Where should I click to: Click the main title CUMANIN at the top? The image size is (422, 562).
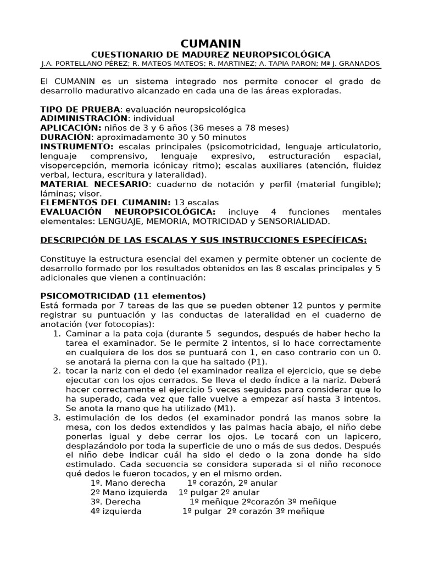pyautogui.click(x=211, y=43)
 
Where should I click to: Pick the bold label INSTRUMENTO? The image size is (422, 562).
pyautogui.click(x=76, y=146)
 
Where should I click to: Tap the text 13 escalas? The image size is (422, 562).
pyautogui.click(x=196, y=202)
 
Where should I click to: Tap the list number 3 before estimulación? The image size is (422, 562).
pyautogui.click(x=57, y=417)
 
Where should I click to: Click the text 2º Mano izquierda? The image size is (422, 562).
pyautogui.click(x=129, y=492)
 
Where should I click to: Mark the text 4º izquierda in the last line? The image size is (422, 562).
pyautogui.click(x=116, y=511)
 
